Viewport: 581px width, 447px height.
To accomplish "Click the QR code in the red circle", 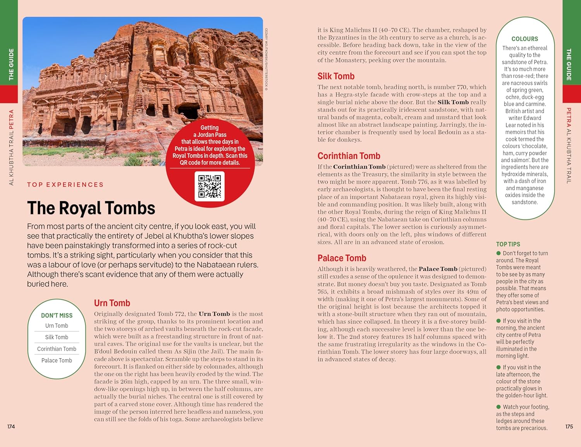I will tap(210, 186).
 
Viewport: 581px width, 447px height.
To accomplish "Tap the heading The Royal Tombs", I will tap(91, 208).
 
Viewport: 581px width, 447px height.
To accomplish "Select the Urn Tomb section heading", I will tap(112, 303).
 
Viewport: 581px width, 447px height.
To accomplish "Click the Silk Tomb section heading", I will tap(336, 76).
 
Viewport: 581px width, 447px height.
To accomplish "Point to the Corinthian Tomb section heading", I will tap(349, 156).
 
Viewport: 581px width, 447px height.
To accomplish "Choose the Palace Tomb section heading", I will tap(342, 258).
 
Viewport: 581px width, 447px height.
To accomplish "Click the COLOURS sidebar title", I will tap(524, 39).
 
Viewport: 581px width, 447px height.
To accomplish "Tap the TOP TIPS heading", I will tap(508, 244).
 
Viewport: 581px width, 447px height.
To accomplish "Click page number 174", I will tap(11, 426).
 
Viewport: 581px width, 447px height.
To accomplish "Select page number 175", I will tap(569, 426).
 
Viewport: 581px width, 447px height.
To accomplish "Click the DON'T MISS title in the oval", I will tap(57, 315).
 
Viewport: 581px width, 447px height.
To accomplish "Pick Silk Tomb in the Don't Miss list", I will tap(57, 337).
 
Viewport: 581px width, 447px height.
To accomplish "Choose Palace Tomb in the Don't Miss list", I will tap(57, 360).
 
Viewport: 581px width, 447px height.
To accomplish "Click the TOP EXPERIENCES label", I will tap(65, 185).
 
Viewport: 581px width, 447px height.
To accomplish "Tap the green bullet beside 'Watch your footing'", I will tap(499, 407).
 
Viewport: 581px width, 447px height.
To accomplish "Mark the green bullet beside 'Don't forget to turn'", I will tap(499, 253).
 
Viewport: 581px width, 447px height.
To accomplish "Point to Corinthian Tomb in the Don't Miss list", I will tap(57, 349).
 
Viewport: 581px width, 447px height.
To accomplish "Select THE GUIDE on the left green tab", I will tap(11, 64).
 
